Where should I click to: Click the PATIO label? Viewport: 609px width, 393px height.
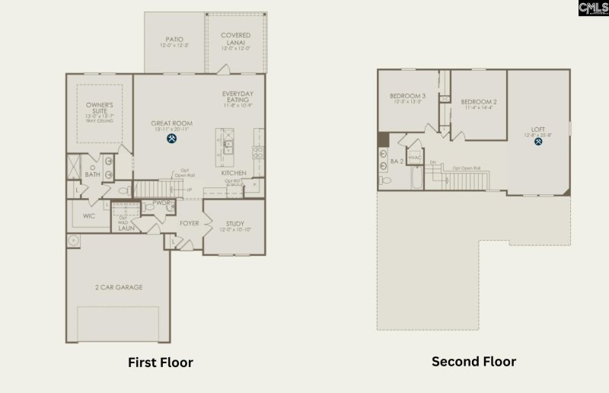174,39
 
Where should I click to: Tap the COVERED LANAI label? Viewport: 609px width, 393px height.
236,39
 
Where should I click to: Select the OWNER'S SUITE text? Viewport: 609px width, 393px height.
99,107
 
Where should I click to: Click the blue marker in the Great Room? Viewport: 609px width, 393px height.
172,139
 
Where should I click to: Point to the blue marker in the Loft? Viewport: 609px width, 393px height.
538,142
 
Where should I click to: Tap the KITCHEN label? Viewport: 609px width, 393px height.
234,173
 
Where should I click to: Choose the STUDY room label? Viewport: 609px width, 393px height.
234,224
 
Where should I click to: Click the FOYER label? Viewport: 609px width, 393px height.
189,223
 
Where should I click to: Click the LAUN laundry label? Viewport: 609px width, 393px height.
126,227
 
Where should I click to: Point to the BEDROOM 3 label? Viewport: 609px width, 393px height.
407,96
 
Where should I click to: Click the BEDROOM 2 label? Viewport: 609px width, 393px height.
479,101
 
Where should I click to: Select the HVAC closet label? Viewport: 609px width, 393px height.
415,158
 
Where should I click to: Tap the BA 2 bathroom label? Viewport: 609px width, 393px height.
397,161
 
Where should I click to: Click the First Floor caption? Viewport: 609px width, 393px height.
160,363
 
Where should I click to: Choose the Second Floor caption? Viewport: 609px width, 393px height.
473,361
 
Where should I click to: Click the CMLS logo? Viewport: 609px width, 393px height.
593,8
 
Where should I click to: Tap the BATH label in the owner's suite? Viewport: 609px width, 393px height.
92,174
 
